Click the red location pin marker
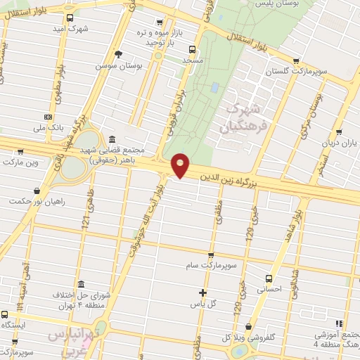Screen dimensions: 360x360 click(x=181, y=165)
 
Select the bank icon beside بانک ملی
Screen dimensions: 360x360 click(x=48, y=116)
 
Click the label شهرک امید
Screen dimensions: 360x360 click(x=69, y=30)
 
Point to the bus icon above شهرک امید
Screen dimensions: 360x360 click(x=69, y=18)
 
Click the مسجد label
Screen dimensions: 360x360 click(x=191, y=61)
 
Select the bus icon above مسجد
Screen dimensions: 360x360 click(x=192, y=49)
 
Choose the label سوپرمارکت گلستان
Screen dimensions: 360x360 click(x=296, y=72)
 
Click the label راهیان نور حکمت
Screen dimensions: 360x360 click(x=36, y=202)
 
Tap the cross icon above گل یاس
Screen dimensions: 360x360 click(x=203, y=292)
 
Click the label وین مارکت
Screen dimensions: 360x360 click(x=20, y=162)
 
